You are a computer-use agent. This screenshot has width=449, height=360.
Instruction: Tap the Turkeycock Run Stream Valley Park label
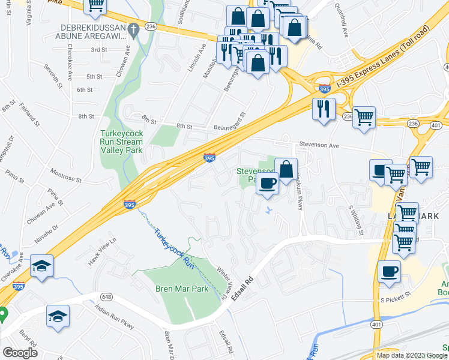[121, 141]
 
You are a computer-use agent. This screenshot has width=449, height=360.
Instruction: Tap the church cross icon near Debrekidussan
[135, 27]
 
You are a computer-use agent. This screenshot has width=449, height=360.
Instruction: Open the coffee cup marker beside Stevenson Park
[268, 183]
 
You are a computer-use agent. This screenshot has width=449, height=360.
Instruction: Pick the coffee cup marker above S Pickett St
[389, 271]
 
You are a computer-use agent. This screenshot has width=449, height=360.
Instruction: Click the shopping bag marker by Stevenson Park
[287, 170]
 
